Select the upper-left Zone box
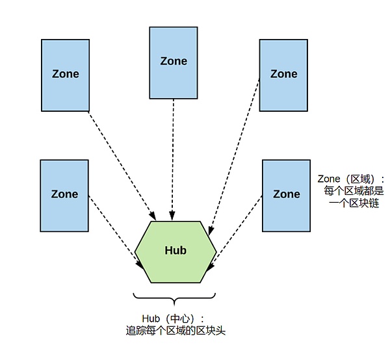(x=65, y=75)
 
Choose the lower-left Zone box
(x=64, y=195)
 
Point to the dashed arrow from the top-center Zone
(x=173, y=156)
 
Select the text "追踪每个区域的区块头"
(x=175, y=331)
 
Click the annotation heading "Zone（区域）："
(x=351, y=179)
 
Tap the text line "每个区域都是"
(x=354, y=191)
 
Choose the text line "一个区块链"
(x=354, y=203)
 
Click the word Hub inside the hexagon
(x=175, y=250)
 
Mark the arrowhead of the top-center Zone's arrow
(x=172, y=216)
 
